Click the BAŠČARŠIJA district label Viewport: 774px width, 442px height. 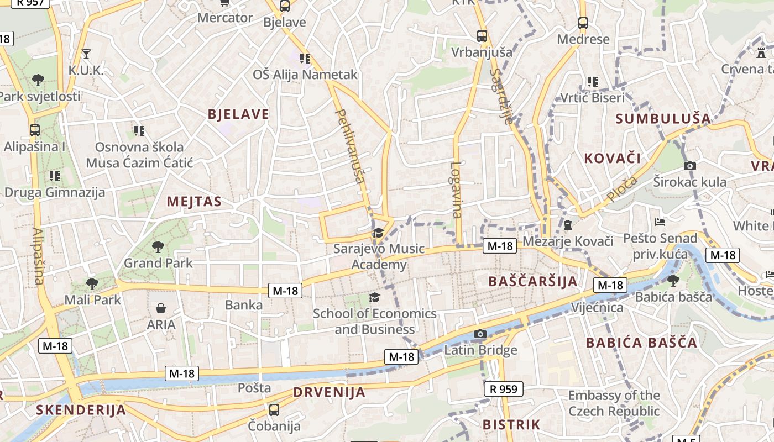[x=533, y=281]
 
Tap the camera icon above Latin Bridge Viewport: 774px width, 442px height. [x=480, y=334]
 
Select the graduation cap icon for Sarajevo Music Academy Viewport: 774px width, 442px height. [x=378, y=233]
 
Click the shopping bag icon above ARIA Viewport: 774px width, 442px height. [x=161, y=308]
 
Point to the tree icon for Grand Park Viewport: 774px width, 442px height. [x=158, y=246]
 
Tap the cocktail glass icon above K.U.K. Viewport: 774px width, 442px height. [x=86, y=54]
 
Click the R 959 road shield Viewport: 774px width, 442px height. [x=504, y=389]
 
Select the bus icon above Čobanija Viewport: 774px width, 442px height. [x=274, y=410]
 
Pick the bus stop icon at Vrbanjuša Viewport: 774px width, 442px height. [x=482, y=36]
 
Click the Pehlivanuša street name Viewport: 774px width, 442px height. [x=351, y=146]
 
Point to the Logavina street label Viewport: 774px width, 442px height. [x=456, y=190]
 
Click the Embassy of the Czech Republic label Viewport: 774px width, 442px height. [x=614, y=403]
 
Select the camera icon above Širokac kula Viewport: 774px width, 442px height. [x=689, y=166]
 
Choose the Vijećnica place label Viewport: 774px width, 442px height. [x=597, y=307]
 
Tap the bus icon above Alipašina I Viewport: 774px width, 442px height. [x=35, y=130]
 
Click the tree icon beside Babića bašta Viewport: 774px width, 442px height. [x=673, y=281]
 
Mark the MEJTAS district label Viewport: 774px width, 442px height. [x=194, y=202]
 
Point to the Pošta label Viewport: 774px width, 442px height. [x=254, y=388]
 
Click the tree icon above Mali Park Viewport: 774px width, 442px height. [x=92, y=284]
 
